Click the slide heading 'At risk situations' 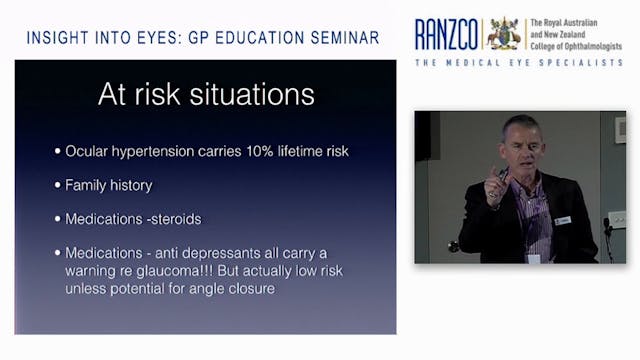205,95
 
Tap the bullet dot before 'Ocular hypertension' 57,151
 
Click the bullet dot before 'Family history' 57,184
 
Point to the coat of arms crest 504,33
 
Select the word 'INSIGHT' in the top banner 59,39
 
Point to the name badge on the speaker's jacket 563,219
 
